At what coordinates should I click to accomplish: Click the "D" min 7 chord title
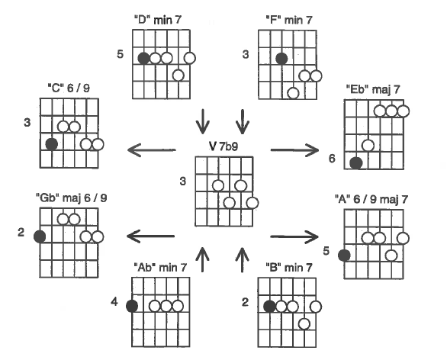[158, 20]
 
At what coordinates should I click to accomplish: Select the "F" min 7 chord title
[289, 20]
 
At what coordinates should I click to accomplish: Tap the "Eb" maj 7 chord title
[373, 89]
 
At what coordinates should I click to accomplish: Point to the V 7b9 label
[223, 146]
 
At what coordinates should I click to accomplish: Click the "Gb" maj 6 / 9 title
[72, 198]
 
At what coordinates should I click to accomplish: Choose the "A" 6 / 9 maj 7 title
[371, 199]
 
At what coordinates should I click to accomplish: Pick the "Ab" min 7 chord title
[160, 268]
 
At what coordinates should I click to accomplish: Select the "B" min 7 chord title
[289, 268]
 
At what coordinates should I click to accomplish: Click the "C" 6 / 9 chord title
[69, 88]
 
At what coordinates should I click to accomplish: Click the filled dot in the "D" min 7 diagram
[143, 58]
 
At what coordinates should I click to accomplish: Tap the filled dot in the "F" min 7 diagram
[281, 59]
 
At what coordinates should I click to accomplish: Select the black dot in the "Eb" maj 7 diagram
[356, 163]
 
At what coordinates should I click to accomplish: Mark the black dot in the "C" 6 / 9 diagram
[52, 144]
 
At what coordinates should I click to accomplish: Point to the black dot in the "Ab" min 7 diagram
[132, 307]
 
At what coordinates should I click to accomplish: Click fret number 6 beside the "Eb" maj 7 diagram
[332, 159]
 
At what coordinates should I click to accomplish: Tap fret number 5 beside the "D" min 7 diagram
[121, 54]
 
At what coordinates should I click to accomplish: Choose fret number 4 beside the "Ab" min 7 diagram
[114, 301]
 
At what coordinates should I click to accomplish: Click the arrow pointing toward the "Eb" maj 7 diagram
[294, 150]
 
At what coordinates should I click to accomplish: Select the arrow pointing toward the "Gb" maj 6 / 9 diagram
[150, 236]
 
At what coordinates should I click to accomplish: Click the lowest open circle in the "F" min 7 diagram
[294, 93]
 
